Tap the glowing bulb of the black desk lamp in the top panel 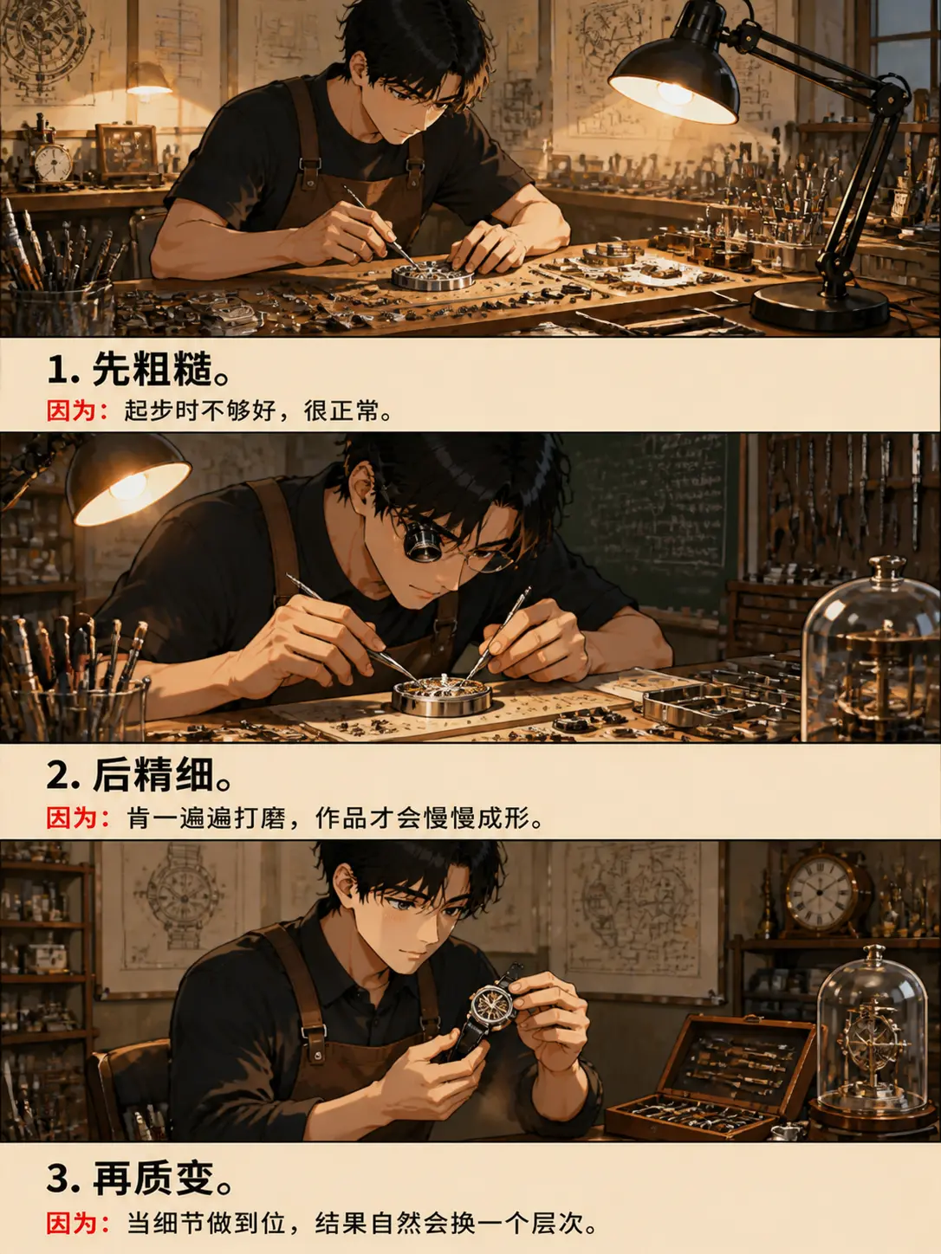pos(675,92)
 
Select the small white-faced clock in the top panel pos(53,163)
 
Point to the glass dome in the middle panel pos(870,651)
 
